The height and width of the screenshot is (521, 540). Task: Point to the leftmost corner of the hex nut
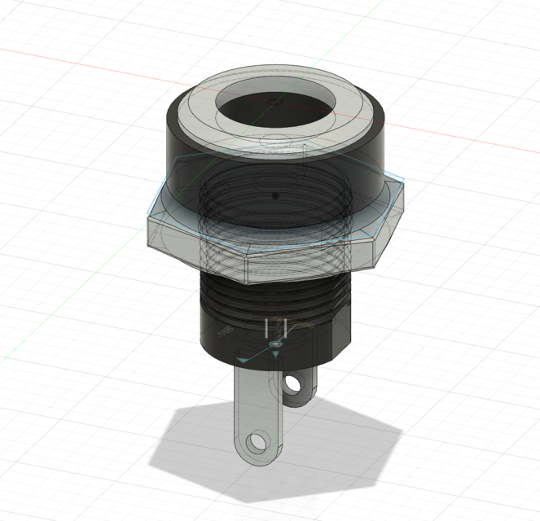(147, 218)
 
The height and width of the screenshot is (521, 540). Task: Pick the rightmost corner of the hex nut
(404, 181)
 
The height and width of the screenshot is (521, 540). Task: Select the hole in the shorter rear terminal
(294, 383)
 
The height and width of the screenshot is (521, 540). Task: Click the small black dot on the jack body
(276, 196)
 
